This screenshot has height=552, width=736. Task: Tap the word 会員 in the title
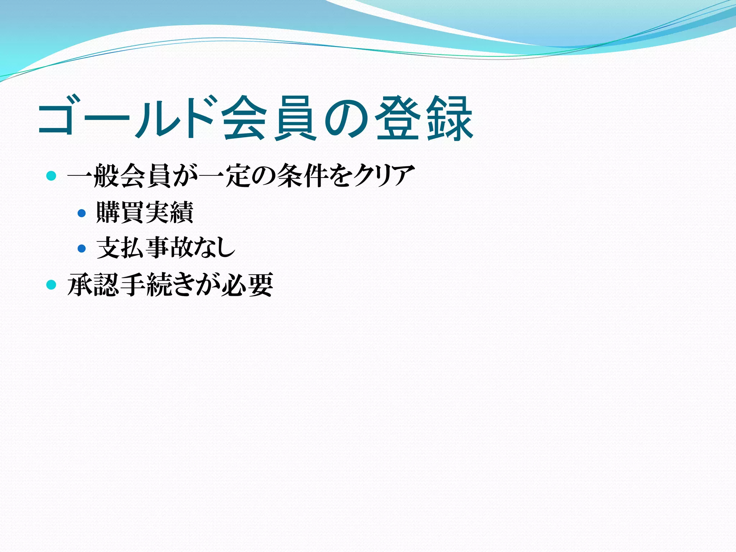270,118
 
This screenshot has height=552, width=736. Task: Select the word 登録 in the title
424,118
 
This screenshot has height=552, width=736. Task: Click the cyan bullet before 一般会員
51,176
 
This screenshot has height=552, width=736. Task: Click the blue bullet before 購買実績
82,213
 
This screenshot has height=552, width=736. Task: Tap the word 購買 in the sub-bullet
120,212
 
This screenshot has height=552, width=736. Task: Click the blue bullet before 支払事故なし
82,248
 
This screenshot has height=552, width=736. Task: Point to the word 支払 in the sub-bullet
121,248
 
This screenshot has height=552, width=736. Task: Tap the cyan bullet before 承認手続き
51,285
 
